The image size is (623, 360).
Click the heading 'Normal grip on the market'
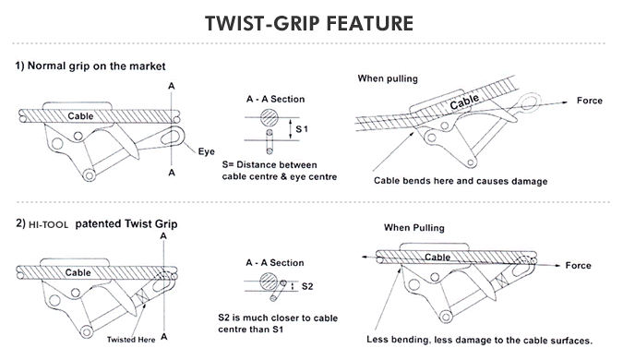point(95,66)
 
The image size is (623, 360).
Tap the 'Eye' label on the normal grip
point(208,150)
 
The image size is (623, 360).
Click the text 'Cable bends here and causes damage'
point(461,181)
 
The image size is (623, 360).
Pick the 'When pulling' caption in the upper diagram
point(389,79)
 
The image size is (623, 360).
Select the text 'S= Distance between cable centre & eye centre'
point(279,170)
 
